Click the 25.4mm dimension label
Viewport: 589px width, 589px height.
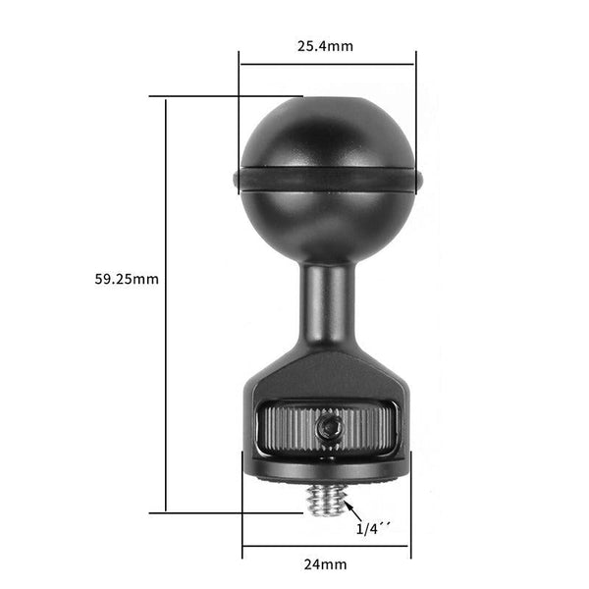tap(326, 45)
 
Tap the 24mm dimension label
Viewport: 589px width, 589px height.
tap(326, 564)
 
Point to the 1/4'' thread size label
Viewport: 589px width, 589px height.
tap(372, 529)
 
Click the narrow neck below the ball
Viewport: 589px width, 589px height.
tap(327, 304)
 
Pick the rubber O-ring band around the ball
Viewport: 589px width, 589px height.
tap(327, 180)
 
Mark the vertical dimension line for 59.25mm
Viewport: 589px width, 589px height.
tap(166, 304)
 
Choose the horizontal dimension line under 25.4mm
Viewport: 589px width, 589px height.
tap(326, 65)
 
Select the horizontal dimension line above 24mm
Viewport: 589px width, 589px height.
tap(326, 545)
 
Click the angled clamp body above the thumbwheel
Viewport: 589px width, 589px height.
tap(327, 378)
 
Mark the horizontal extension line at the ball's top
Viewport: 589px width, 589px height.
tap(226, 96)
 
